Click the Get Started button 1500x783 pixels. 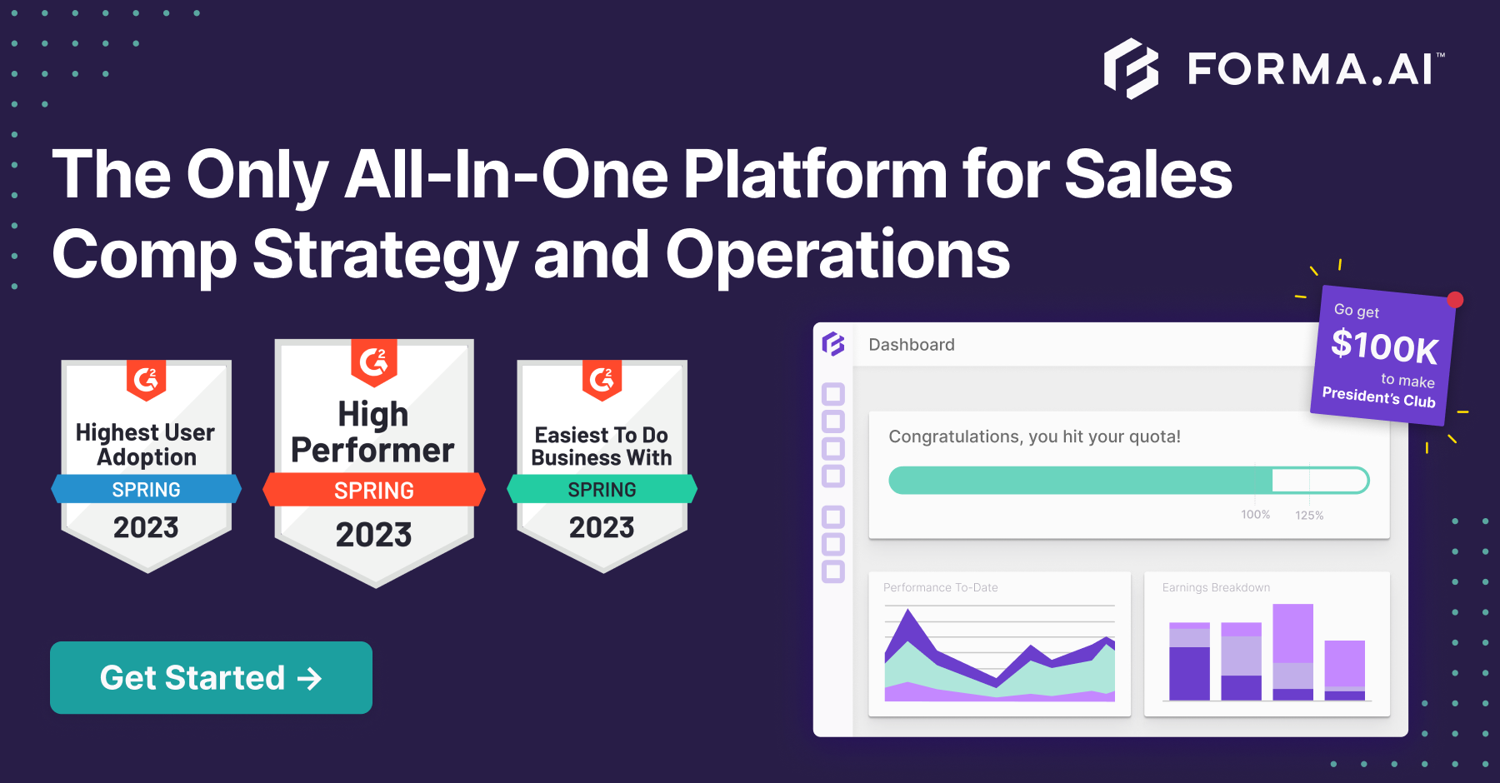211,677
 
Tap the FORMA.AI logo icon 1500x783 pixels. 1131,68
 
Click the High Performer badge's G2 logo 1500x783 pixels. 374,361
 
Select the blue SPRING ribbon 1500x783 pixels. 147,489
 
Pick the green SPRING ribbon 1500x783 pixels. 602,489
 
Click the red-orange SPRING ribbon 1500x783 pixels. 374,490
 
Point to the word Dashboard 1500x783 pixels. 912,345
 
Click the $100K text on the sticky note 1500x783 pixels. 1384,347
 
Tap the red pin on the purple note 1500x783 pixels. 1455,300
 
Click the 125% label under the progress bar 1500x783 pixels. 1309,516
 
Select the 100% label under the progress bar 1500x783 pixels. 1255,515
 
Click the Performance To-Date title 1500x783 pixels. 940,587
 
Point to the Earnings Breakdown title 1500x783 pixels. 1216,587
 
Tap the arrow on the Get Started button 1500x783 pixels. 309,678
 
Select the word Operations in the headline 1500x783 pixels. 837,255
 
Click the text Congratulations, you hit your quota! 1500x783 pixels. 1034,436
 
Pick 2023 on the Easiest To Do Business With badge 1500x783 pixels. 602,527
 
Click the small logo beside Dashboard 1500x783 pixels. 833,344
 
